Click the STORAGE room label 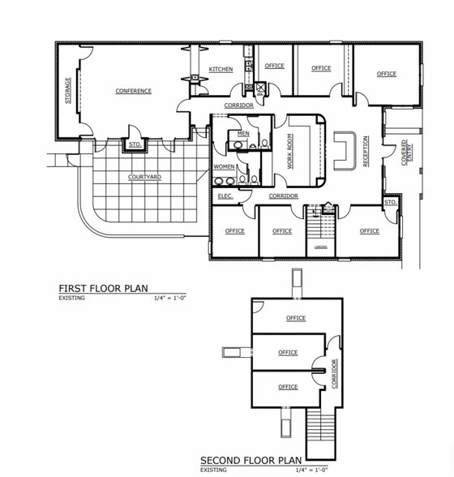(69, 91)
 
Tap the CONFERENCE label (133, 91)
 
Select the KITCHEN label (221, 70)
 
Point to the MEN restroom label (243, 133)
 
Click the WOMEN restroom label (224, 166)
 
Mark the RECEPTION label (366, 151)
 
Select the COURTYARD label (144, 176)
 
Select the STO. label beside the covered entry (390, 202)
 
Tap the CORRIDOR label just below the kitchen (238, 105)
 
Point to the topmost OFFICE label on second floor (295, 319)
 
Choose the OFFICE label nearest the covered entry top (386, 74)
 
